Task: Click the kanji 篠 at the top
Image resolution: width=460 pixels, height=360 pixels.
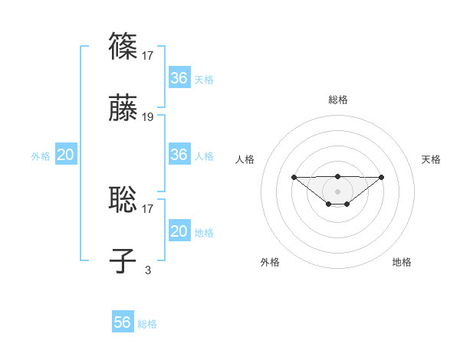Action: [123, 46]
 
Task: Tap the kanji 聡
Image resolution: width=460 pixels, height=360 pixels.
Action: [123, 199]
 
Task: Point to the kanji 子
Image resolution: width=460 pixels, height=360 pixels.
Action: [123, 260]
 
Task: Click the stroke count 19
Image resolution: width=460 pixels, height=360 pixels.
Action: [148, 117]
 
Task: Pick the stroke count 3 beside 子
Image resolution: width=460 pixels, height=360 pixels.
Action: [148, 270]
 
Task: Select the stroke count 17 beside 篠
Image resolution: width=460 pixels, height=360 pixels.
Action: [148, 55]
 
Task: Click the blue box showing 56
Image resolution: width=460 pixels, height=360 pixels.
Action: [123, 322]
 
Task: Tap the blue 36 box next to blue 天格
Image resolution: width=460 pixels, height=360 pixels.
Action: [179, 78]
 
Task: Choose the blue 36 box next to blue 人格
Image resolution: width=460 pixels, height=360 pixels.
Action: [179, 155]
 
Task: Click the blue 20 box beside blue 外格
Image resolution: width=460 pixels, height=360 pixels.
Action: [65, 155]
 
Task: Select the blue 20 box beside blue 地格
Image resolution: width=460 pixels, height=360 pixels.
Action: [179, 231]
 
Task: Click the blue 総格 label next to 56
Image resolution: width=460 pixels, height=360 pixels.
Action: [147, 324]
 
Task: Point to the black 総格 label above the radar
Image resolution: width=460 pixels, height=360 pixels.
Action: [337, 100]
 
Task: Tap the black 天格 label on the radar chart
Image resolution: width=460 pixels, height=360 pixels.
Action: [431, 159]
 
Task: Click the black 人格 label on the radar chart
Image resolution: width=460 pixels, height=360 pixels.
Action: [245, 159]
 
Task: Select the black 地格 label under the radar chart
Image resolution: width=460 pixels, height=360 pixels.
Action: [402, 262]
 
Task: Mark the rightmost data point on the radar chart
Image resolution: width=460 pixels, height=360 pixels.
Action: [382, 177]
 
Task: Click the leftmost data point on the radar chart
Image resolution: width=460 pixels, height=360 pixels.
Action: [294, 177]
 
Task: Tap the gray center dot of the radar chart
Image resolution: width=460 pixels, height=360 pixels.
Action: [337, 191]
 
